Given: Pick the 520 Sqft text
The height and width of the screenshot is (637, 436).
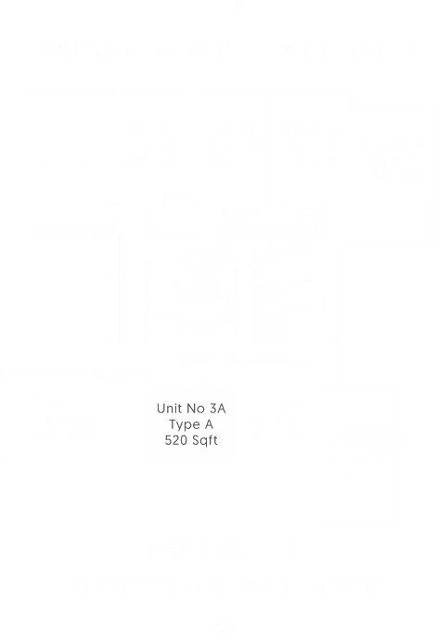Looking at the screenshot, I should pyautogui.click(x=190, y=440).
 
